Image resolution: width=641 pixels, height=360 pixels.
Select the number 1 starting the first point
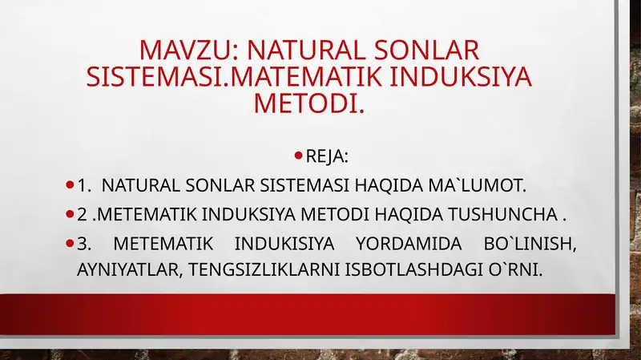[82, 187]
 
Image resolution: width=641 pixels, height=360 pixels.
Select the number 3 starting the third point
[83, 243]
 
